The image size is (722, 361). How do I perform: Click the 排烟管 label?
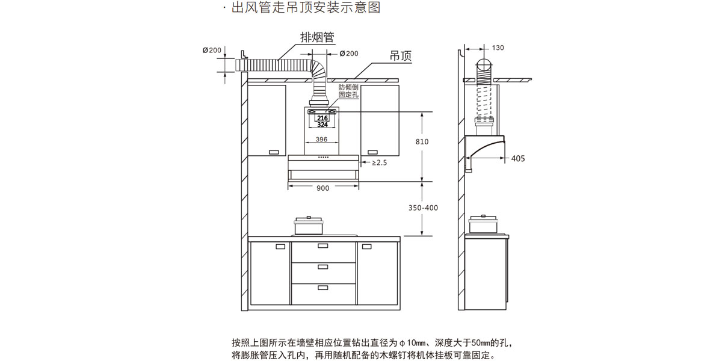tap(317, 37)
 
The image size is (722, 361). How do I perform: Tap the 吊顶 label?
tap(401, 56)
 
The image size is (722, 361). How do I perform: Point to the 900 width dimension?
tap(322, 188)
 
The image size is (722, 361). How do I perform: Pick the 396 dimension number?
tap(321, 140)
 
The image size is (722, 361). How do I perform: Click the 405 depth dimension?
tap(517, 159)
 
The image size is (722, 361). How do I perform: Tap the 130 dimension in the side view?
tap(498, 48)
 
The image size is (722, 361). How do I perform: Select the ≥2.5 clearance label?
tap(379, 162)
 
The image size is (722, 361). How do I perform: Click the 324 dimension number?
tap(322, 125)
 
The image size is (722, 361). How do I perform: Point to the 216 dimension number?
tap(322, 118)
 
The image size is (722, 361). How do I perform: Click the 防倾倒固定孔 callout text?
tap(348, 91)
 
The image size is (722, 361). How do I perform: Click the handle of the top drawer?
tap(323, 245)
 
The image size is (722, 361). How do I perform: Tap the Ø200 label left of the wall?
tap(212, 51)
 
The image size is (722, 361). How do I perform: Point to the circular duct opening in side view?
tap(484, 66)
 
